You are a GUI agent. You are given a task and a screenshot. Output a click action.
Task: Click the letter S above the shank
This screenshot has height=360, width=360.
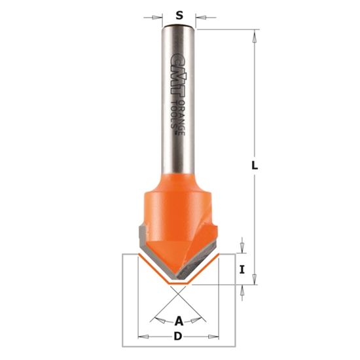point(178,13)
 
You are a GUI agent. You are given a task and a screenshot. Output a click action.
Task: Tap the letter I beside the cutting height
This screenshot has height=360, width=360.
point(242,269)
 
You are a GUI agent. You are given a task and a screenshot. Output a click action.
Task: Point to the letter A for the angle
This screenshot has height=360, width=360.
point(178,321)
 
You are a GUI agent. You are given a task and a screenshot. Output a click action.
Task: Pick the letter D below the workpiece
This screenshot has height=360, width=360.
point(178,338)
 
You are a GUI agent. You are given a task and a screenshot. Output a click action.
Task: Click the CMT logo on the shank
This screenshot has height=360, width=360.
point(173,69)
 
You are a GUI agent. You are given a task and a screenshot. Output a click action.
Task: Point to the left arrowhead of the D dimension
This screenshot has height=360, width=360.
point(141,338)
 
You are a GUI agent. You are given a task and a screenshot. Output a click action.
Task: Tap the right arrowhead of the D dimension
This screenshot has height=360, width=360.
point(215,338)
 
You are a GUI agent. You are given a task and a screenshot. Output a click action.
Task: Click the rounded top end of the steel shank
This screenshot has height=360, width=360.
point(178,27)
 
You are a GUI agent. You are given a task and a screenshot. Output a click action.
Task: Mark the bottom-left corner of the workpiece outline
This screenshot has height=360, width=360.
point(124,346)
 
